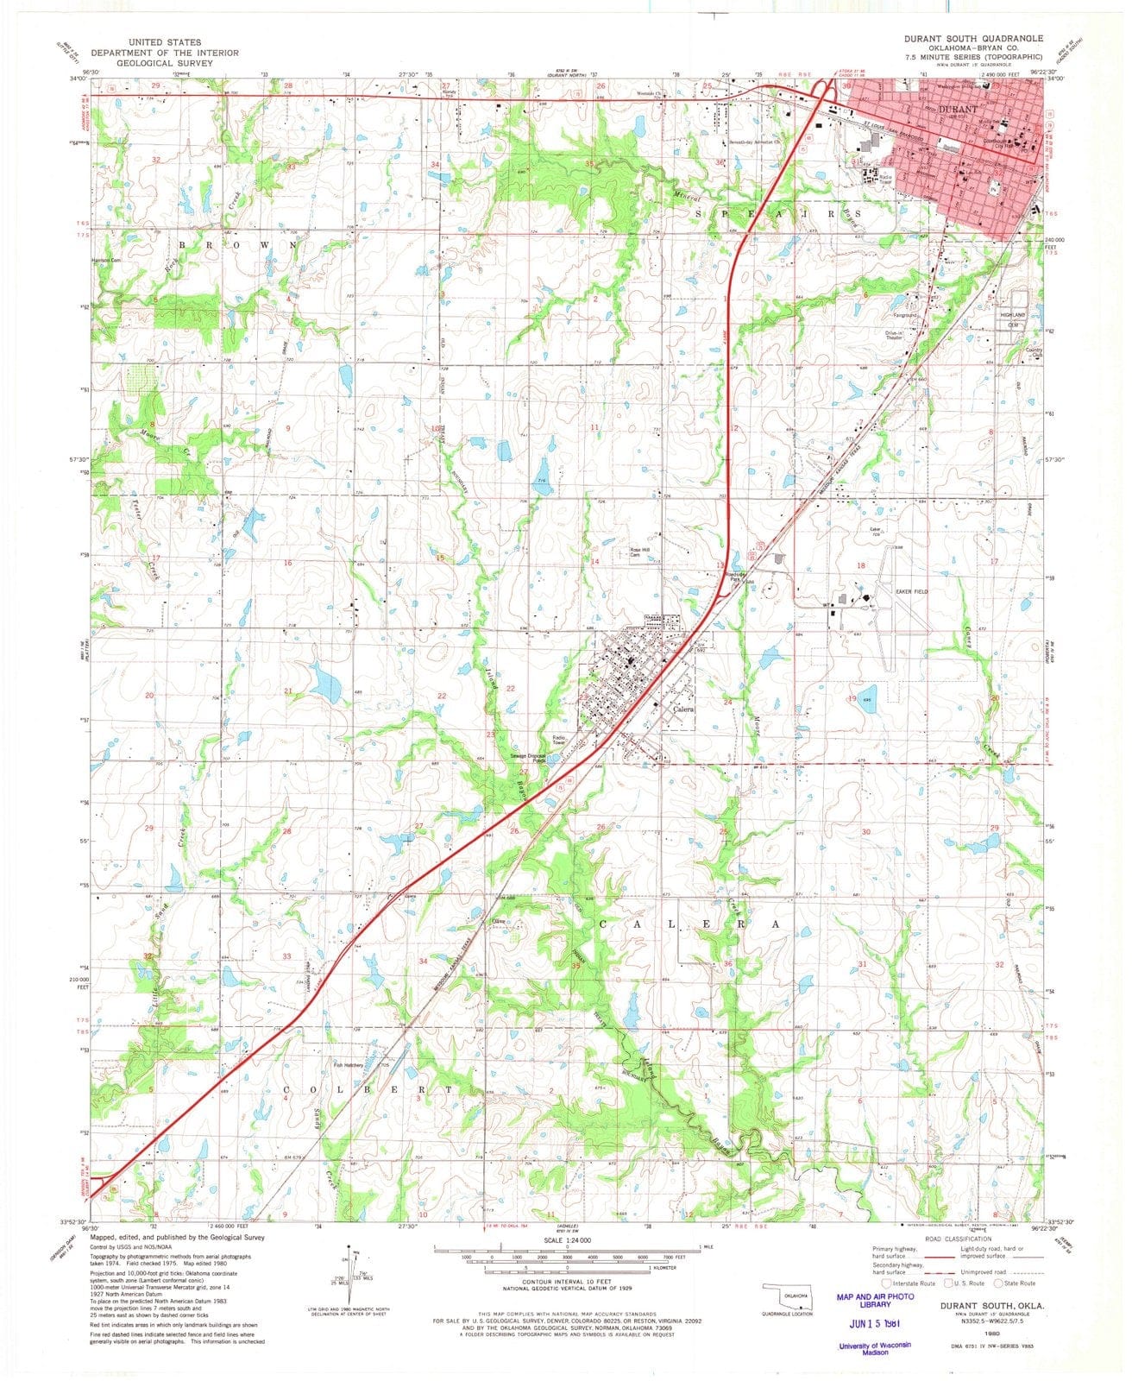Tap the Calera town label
tap(683, 709)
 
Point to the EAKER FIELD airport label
tap(914, 591)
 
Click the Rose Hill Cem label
tap(638, 552)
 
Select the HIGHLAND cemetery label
tap(1011, 317)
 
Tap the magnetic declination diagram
tap(350, 1277)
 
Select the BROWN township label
tap(235, 245)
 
